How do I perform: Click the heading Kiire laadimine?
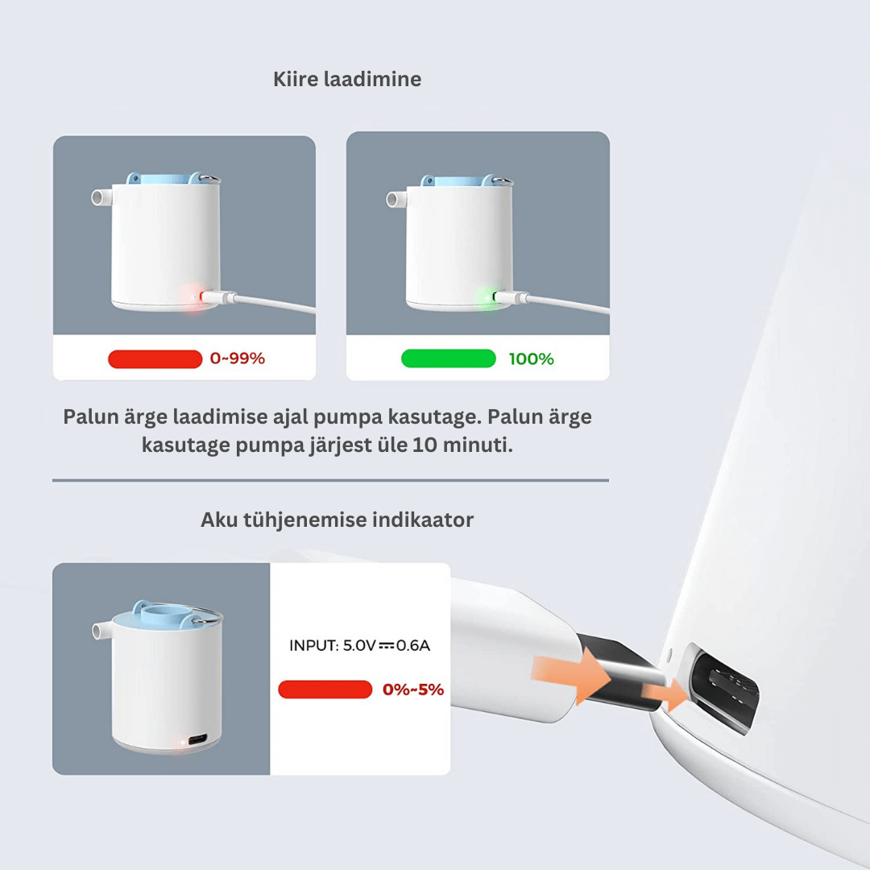pyautogui.click(x=347, y=79)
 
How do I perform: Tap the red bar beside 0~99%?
pyautogui.click(x=155, y=359)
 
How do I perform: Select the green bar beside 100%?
pyautogui.click(x=449, y=358)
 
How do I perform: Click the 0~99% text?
pyautogui.click(x=238, y=358)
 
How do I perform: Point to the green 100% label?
pyautogui.click(x=531, y=359)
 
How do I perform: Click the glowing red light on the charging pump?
pyautogui.click(x=193, y=297)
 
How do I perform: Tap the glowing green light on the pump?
pyautogui.click(x=488, y=297)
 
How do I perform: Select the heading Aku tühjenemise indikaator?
pyautogui.click(x=337, y=520)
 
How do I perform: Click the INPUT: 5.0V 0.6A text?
pyautogui.click(x=359, y=645)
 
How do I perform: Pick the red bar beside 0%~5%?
pyautogui.click(x=325, y=690)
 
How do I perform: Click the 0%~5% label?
pyautogui.click(x=413, y=690)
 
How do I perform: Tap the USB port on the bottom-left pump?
pyautogui.click(x=198, y=739)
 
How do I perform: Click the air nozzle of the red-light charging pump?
pyautogui.click(x=101, y=197)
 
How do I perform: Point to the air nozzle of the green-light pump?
pyautogui.click(x=396, y=199)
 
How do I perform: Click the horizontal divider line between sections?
pyautogui.click(x=331, y=480)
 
